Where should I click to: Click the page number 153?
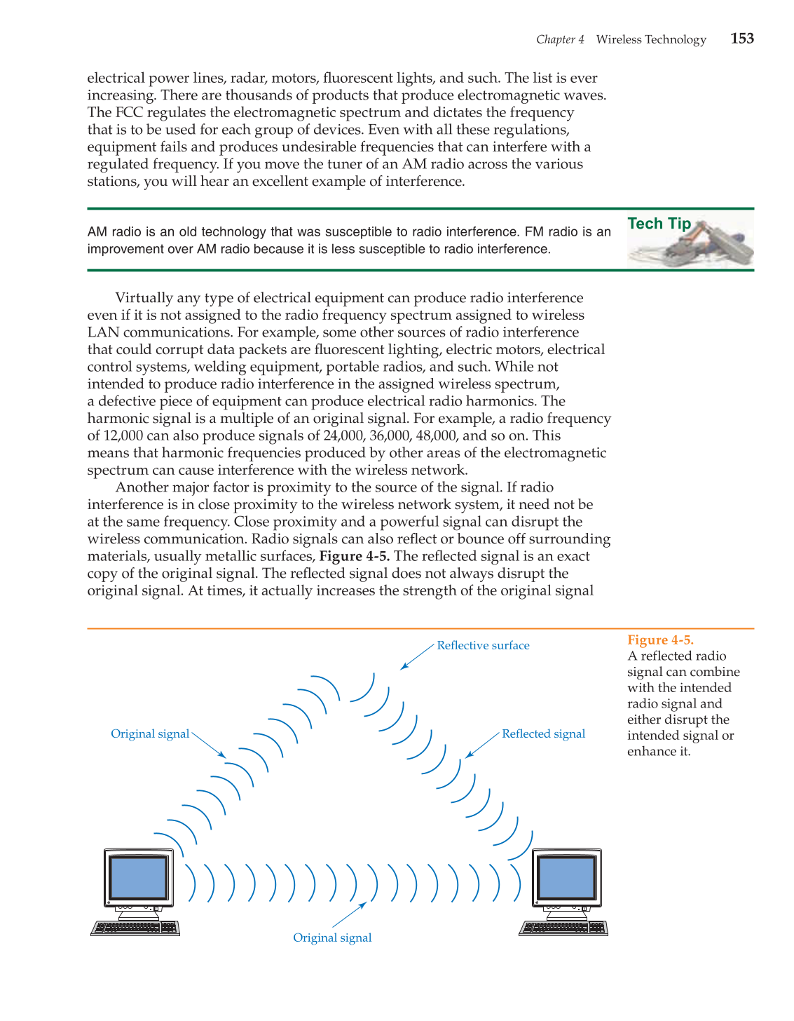point(741,39)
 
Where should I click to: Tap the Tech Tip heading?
point(659,224)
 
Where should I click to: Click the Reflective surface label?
point(483,645)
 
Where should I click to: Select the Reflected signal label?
point(543,733)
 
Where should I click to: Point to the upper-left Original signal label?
point(150,733)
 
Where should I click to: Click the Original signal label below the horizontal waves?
point(332,938)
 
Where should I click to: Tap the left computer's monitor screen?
point(139,878)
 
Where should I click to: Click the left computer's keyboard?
point(135,928)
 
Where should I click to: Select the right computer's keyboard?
point(563,928)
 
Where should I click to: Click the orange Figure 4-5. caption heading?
point(660,640)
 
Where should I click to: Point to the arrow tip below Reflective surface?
point(402,668)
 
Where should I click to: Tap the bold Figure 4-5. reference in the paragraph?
point(355,556)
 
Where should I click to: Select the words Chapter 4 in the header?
point(560,39)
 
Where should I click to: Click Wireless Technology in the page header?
point(651,39)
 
